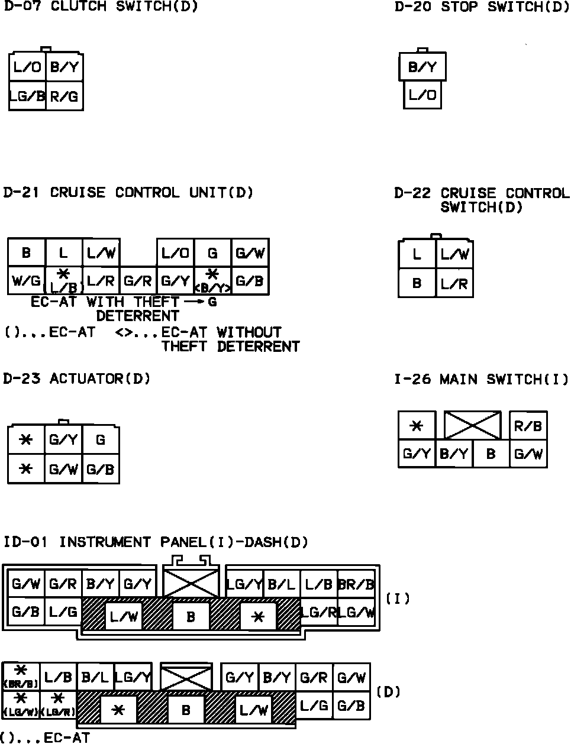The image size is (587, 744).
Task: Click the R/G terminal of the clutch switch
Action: pos(64,96)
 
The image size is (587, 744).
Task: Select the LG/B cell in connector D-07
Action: pos(27,96)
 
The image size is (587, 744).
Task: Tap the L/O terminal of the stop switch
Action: pos(422,95)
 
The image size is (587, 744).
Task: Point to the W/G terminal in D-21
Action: pos(26,281)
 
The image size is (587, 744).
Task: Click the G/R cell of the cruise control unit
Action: pos(138,281)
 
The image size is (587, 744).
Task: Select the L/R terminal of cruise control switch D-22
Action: pos(454,283)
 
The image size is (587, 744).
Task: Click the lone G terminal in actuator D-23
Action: pos(101,440)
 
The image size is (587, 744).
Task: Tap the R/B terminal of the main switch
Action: pos(528,426)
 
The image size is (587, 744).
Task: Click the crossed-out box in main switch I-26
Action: pos(472,426)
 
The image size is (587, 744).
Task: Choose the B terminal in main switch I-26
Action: pos(491,454)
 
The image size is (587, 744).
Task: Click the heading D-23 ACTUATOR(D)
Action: pos(77,379)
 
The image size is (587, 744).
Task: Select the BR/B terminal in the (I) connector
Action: pos(357,584)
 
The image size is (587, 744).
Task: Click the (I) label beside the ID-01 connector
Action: pos(398,599)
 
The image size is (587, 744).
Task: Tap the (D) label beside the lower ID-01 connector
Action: pos(389,691)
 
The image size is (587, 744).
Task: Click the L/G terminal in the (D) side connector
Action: pos(314,705)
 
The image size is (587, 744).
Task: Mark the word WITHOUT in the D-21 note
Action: pos(249,332)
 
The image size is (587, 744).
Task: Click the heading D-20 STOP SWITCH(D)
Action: pos(482,7)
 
